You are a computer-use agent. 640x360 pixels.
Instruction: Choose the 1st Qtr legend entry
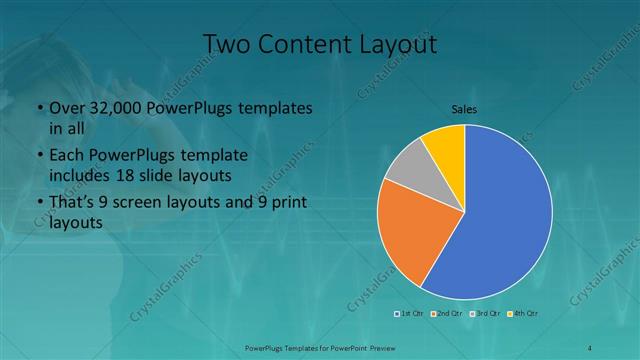[411, 314]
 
